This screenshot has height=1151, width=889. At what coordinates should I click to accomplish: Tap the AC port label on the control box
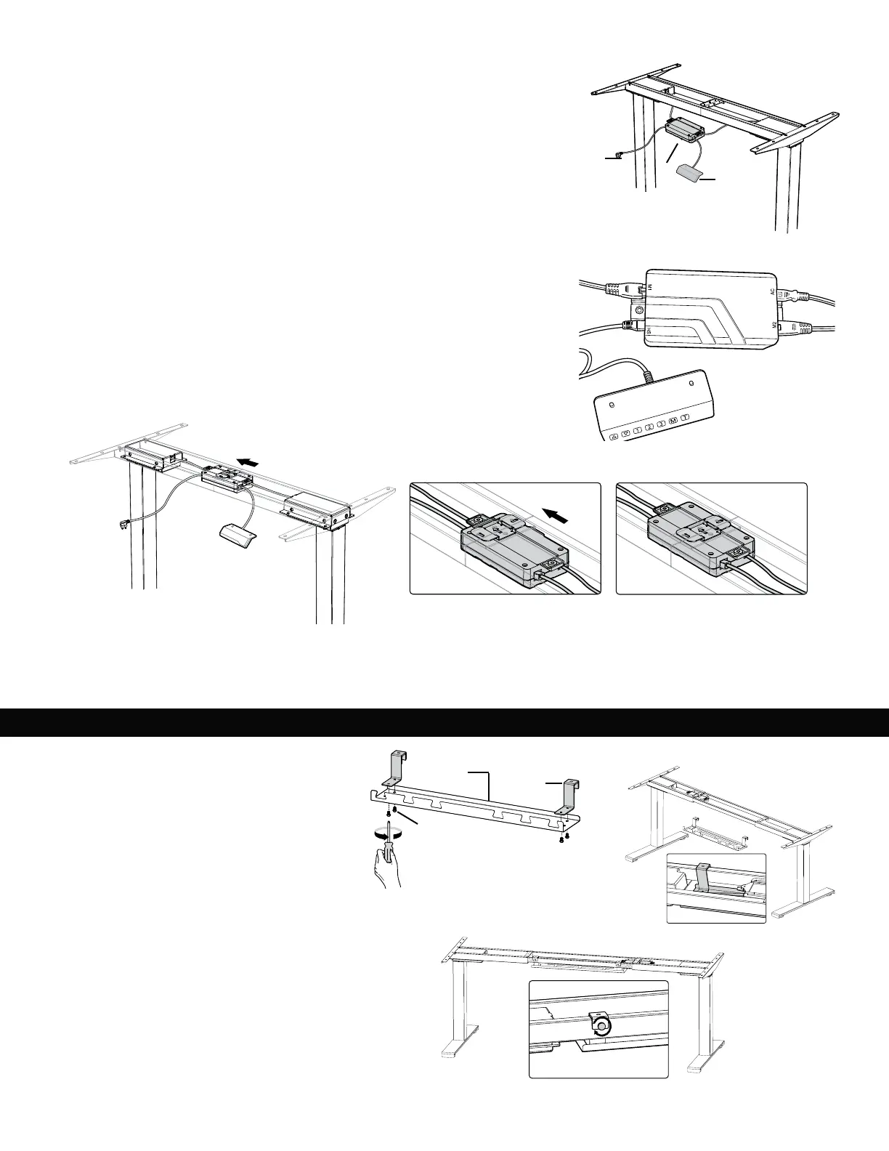[773, 291]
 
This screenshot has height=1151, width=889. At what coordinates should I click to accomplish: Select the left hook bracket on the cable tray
[394, 767]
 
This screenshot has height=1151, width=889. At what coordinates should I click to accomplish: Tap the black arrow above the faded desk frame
[248, 461]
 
